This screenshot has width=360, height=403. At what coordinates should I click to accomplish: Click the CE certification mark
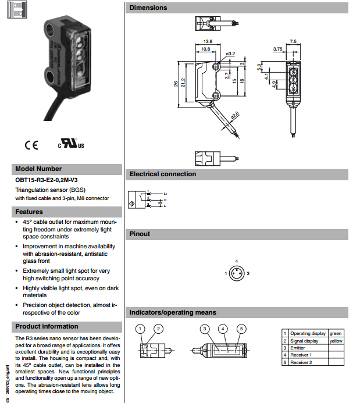click(x=31, y=145)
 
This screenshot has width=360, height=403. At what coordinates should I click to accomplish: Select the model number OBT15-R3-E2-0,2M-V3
click(x=47, y=180)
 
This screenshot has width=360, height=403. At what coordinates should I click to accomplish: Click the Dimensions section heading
click(x=148, y=8)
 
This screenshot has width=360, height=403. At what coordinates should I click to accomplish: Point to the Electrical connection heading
click(x=163, y=174)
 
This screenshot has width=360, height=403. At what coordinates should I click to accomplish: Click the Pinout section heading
click(x=140, y=234)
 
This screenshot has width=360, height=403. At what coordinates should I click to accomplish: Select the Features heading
click(x=29, y=212)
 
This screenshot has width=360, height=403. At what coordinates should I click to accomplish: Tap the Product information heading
click(x=47, y=326)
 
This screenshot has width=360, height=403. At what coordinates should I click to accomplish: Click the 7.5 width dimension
click(x=293, y=41)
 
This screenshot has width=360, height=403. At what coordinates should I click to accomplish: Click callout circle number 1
click(x=140, y=329)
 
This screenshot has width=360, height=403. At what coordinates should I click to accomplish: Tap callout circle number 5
click(x=241, y=329)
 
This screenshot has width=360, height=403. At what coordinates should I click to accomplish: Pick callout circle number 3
click(x=205, y=329)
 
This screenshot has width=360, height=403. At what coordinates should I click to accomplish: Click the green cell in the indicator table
click(x=336, y=334)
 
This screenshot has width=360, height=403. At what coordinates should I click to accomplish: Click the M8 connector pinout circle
click(x=236, y=273)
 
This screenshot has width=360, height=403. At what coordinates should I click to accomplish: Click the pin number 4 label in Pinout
click(x=236, y=261)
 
